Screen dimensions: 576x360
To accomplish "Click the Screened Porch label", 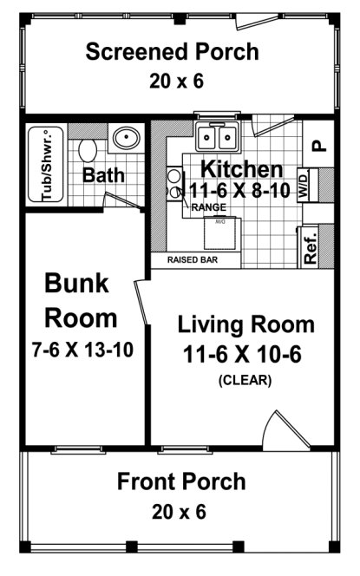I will tap(172, 52).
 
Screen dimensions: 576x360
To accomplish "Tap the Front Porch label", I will tap(181, 481).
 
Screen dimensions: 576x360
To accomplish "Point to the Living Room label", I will tap(246, 325).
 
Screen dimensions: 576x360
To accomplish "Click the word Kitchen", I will tap(241, 168).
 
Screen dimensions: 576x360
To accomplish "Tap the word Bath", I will tap(103, 175).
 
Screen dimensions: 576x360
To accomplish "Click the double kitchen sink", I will tap(217, 137).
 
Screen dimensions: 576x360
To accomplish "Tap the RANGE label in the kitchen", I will tap(209, 207).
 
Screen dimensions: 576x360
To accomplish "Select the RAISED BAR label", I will tap(192, 259).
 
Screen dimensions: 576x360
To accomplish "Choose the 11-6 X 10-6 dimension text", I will tap(245, 354).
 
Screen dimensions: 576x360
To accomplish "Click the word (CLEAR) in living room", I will tap(245, 379).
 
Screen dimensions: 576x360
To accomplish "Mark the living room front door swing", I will tap(280, 430).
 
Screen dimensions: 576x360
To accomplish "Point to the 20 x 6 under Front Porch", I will tap(181, 512).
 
